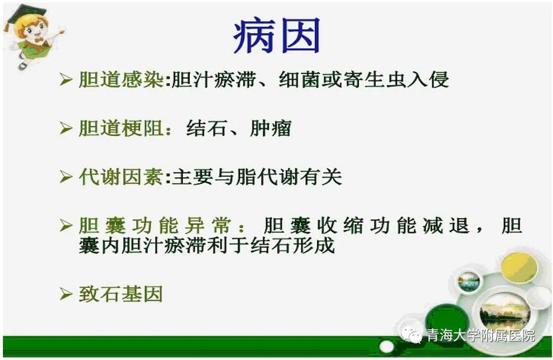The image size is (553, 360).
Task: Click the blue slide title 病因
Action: [x=277, y=36]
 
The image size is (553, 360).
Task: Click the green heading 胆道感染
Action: [x=121, y=79]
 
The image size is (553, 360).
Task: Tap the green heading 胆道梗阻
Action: [x=121, y=128]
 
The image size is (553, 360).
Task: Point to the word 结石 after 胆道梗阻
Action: [x=206, y=128]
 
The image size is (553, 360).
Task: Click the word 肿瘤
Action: [x=271, y=128]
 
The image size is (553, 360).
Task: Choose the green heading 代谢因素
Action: [x=121, y=176]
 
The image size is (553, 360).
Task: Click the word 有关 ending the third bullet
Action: [x=321, y=176]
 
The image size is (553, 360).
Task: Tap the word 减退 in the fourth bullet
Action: [x=446, y=225]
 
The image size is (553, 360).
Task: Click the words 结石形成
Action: [x=292, y=245]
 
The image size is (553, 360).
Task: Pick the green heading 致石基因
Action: [x=121, y=294]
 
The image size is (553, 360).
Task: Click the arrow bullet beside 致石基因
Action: [x=66, y=294]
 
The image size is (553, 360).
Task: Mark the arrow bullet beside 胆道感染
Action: [x=66, y=79]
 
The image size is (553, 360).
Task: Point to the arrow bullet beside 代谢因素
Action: [x=66, y=176]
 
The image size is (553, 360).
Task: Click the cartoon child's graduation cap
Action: [x=28, y=14]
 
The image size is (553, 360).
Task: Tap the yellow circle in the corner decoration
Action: [x=519, y=268]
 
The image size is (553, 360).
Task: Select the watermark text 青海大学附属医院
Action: [x=480, y=335]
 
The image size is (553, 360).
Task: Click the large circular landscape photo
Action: [x=504, y=312]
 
